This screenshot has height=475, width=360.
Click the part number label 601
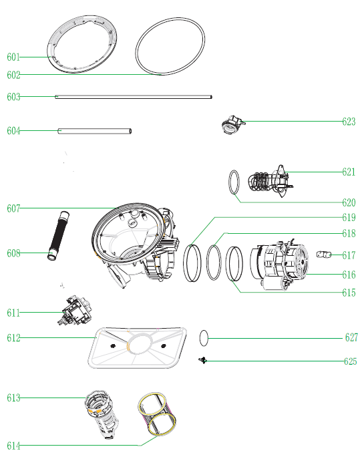tap(13, 57)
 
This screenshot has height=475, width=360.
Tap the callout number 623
tap(349, 122)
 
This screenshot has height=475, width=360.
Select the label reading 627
tap(351, 337)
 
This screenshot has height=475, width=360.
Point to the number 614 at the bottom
tap(13, 446)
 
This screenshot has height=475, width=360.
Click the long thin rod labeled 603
tap(134, 97)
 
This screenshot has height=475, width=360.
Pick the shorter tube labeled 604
tap(94, 131)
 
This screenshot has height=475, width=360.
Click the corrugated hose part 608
tap(58, 235)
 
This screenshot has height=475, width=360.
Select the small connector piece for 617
tap(324, 255)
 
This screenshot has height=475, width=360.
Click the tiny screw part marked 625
tap(202, 360)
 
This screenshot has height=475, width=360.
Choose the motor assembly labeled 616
tap(279, 264)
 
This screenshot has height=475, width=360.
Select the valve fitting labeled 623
tap(232, 124)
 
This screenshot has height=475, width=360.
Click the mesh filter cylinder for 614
tap(156, 414)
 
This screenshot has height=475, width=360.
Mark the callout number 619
tap(349, 217)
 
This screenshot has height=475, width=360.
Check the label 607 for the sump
tap(13, 208)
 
